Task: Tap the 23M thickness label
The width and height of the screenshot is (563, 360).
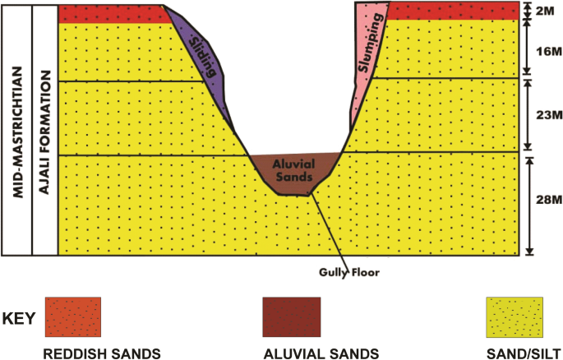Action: coord(546,116)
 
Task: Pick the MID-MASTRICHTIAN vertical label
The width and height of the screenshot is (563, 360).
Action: coord(16,127)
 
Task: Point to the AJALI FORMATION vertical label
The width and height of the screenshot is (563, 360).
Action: coord(45,127)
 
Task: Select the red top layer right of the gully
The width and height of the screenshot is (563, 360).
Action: coord(452,10)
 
